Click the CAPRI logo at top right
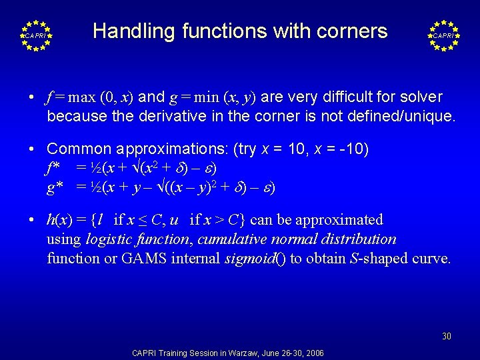[443, 35]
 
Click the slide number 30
[447, 337]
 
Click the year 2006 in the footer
[314, 353]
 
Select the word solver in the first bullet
[419, 97]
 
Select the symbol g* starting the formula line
[55, 188]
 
